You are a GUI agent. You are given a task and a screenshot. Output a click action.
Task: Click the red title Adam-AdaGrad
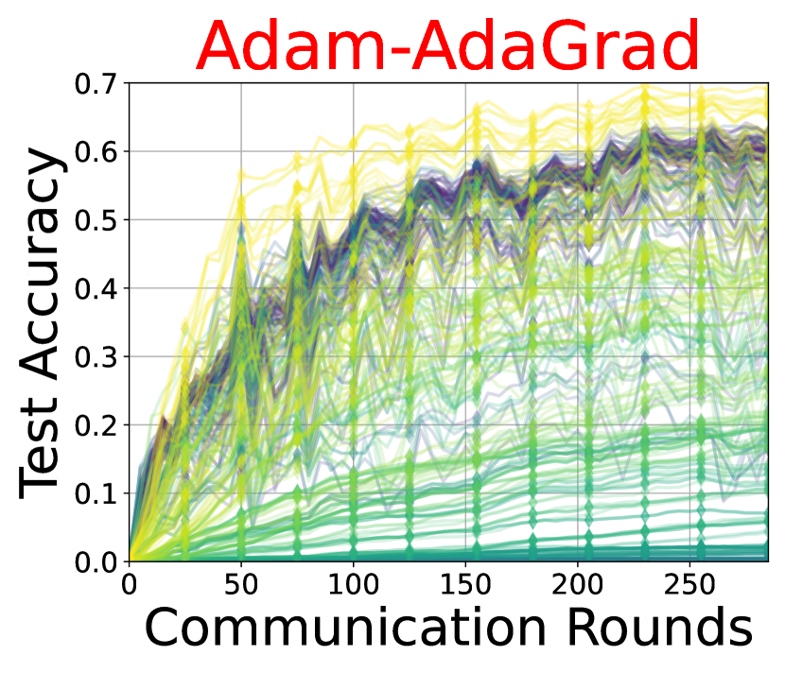click(x=447, y=45)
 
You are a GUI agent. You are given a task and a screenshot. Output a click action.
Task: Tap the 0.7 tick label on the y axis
click(x=96, y=83)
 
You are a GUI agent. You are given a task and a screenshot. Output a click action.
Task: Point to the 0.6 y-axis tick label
click(x=96, y=151)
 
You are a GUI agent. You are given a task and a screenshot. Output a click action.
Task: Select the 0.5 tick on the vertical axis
click(x=96, y=220)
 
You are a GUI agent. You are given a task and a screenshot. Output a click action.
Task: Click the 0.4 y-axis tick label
click(x=96, y=288)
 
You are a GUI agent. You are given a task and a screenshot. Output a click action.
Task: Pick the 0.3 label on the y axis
click(x=96, y=356)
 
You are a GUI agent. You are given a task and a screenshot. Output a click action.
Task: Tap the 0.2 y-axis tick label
click(x=96, y=425)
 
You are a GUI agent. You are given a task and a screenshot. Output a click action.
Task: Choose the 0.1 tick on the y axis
click(x=96, y=493)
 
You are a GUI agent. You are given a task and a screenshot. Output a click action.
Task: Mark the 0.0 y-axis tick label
click(x=96, y=562)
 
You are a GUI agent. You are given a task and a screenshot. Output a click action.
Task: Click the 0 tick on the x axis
click(x=130, y=584)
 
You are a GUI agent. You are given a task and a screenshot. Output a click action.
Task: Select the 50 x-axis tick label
click(x=241, y=584)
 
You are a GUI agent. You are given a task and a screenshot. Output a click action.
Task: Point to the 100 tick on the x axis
click(x=353, y=584)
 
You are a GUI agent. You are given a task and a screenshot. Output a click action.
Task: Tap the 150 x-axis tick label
click(x=465, y=584)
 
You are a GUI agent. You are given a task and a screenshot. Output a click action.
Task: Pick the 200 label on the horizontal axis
click(x=577, y=584)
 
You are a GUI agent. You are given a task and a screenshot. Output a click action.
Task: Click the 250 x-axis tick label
click(x=689, y=584)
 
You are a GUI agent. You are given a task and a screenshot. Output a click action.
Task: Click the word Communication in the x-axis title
click(x=345, y=626)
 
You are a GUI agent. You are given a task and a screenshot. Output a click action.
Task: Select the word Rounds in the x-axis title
click(x=660, y=626)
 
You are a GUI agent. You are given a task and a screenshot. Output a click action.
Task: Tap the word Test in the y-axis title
click(x=39, y=448)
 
